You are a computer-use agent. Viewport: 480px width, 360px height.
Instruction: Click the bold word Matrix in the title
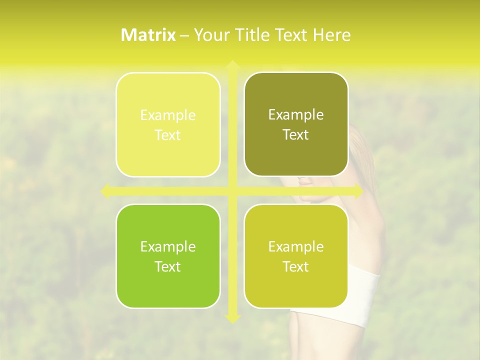(x=148, y=35)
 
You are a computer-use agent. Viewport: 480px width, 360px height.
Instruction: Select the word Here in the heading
(x=331, y=35)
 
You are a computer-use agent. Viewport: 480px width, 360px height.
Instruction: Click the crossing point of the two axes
(x=232, y=191)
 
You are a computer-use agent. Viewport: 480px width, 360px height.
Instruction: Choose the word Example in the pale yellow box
(x=168, y=115)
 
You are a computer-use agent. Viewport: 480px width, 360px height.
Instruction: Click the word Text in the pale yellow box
(x=168, y=135)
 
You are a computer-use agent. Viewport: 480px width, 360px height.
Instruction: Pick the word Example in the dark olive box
(x=296, y=115)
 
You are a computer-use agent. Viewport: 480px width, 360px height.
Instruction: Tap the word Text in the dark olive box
(x=296, y=135)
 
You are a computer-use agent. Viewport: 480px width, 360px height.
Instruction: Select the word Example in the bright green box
(x=168, y=247)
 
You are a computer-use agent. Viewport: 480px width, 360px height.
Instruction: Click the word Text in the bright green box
(x=168, y=267)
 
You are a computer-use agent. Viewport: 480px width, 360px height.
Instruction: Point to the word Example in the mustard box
(x=296, y=247)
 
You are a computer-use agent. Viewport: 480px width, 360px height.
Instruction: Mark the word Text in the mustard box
(x=296, y=267)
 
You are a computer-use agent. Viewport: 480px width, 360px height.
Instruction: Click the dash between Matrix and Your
(x=184, y=35)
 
